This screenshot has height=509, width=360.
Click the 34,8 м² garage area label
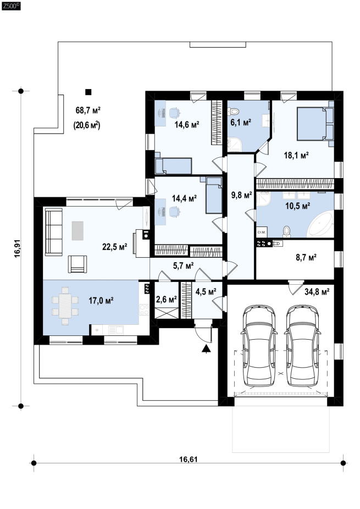[317, 291]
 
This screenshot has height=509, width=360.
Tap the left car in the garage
[259, 345]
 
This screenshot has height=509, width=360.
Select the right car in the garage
[302, 345]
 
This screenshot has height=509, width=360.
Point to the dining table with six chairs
[65, 306]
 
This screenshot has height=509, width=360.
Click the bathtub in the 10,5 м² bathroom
[321, 224]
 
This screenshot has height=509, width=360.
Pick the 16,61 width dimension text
[189, 460]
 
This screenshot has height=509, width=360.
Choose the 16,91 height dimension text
[18, 248]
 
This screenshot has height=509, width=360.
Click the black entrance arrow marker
[206, 349]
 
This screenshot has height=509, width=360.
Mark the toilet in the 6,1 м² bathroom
[234, 112]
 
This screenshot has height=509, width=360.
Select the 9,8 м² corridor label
[241, 195]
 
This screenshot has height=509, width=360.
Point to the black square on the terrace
[88, 92]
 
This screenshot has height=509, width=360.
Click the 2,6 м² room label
[166, 298]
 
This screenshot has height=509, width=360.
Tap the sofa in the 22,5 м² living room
[53, 232]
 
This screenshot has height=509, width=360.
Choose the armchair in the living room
[77, 264]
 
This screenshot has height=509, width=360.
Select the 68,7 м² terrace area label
[88, 110]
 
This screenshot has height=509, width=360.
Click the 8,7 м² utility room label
[306, 258]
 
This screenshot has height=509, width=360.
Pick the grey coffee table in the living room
[77, 230]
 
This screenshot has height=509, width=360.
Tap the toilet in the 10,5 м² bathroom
[287, 231]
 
